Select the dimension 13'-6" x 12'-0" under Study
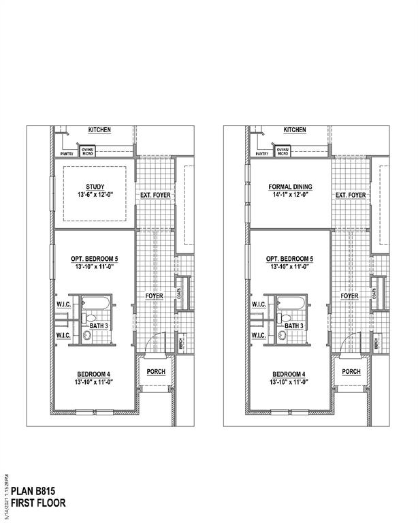point(95,195)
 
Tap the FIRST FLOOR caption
point(38,504)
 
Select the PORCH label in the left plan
point(155,372)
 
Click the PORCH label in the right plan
point(351,372)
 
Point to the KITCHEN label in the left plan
point(99,130)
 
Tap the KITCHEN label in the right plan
point(295,130)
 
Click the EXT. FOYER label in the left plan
point(156,195)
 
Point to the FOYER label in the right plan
point(350,296)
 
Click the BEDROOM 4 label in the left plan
point(95,375)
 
